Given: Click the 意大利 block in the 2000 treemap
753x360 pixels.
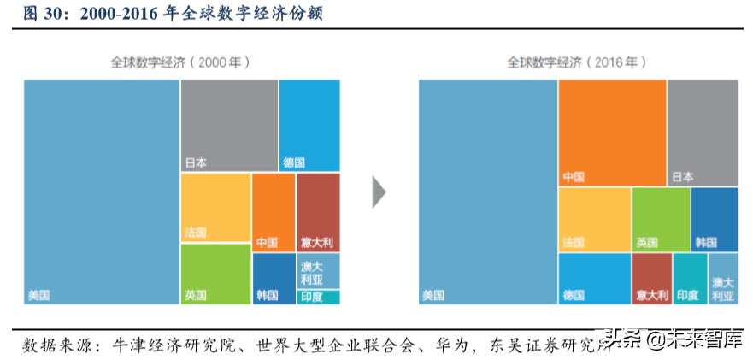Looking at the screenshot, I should click(x=318, y=211).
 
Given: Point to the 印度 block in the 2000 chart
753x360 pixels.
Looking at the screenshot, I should click(x=318, y=297).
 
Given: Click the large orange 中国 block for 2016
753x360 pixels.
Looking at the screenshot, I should click(x=612, y=133).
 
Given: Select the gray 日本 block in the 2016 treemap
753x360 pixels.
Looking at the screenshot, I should click(x=703, y=133).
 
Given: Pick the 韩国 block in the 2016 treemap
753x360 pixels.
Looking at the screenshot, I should click(x=715, y=219).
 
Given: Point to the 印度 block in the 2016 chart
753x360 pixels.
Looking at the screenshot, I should click(x=690, y=279).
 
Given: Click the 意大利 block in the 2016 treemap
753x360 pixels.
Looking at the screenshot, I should click(x=651, y=279).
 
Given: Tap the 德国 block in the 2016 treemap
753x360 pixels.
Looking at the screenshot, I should click(x=595, y=279).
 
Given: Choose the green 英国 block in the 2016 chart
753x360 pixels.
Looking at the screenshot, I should click(x=661, y=219).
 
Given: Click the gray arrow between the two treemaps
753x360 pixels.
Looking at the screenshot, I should click(x=379, y=192).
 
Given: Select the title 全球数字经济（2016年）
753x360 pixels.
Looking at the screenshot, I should click(x=576, y=62).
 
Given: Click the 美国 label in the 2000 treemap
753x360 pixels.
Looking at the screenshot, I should click(x=38, y=295).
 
